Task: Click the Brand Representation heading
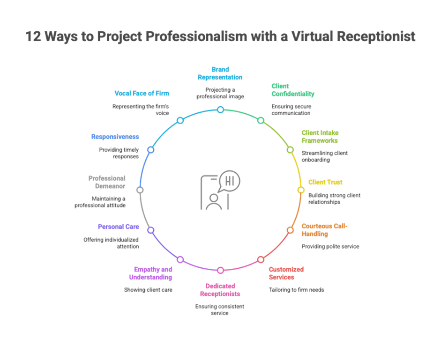[220, 73]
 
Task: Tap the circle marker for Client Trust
[301, 190]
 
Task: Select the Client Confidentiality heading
[293, 90]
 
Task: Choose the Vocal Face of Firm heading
[142, 93]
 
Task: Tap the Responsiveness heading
[115, 137]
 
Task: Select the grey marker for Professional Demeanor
[140, 190]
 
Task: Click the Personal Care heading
[118, 227]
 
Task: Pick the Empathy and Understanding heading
[150, 273]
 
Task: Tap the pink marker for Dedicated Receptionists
[220, 270]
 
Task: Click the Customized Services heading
[286, 273]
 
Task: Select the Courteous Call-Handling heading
[324, 230]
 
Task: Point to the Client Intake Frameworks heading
[320, 136]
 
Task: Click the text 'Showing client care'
[148, 290]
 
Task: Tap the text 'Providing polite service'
[330, 246]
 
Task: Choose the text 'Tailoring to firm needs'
[296, 290]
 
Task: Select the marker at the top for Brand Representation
[220, 110]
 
